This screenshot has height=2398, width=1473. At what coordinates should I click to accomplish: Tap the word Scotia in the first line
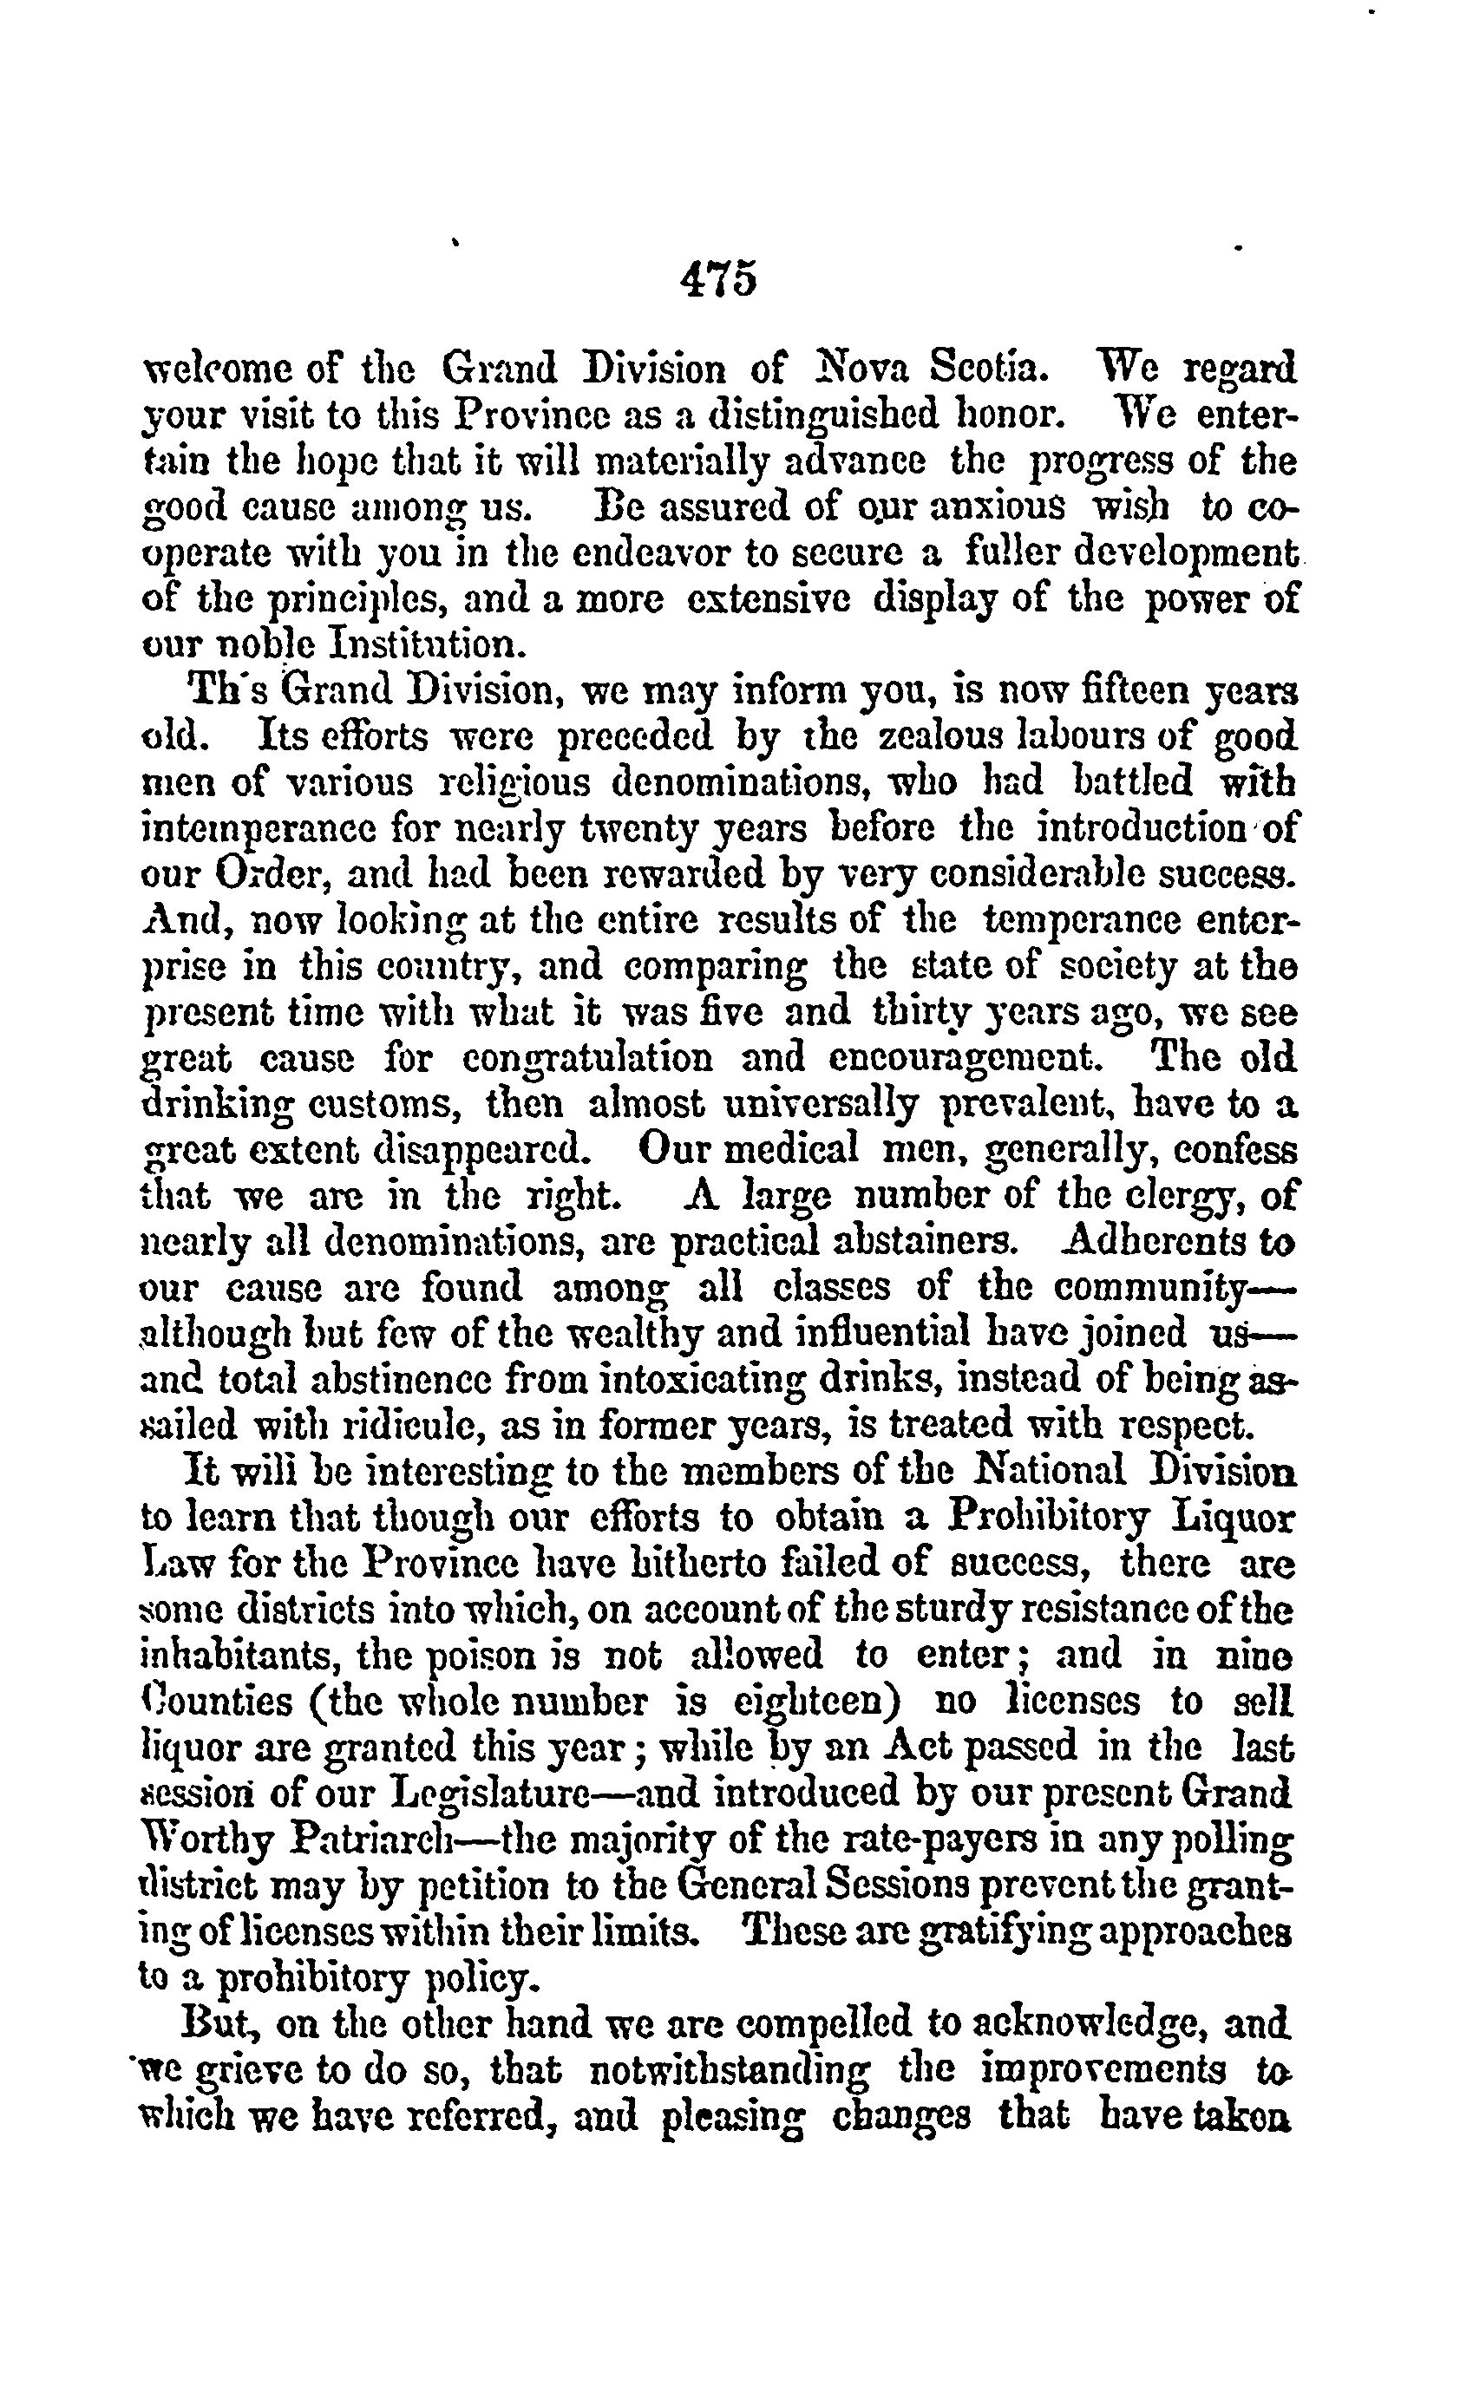(992, 370)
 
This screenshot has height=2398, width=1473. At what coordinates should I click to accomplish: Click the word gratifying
(990, 1931)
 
